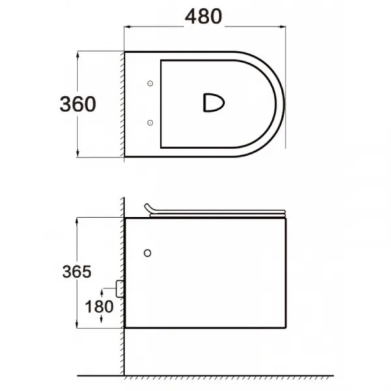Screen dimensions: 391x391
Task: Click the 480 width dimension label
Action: tap(203, 16)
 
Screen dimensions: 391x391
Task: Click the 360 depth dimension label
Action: tap(78, 104)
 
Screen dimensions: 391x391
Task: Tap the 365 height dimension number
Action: tap(77, 272)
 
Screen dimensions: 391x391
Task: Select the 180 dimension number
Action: tap(99, 306)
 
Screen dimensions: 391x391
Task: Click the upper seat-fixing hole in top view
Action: tap(150, 83)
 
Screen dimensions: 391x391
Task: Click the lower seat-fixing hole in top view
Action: tap(150, 123)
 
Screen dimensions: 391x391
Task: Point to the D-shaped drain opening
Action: tap(214, 103)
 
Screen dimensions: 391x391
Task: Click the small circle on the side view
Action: tap(148, 253)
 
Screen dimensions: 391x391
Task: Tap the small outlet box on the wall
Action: tap(120, 289)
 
